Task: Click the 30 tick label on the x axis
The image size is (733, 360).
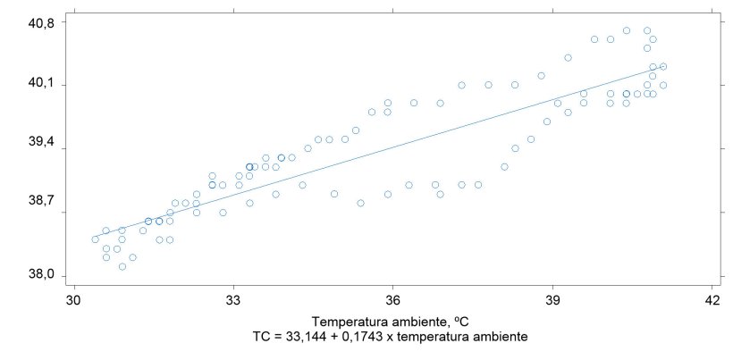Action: tap(73, 300)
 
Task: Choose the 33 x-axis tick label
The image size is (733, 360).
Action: tap(233, 300)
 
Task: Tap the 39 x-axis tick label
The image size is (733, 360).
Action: tap(552, 300)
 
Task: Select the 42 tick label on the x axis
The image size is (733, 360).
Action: tap(712, 300)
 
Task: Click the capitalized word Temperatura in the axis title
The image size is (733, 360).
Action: tap(346, 321)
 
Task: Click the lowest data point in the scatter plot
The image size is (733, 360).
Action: tap(122, 266)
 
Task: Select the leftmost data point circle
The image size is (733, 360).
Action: tap(95, 239)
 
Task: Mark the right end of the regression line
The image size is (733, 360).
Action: tap(663, 67)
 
